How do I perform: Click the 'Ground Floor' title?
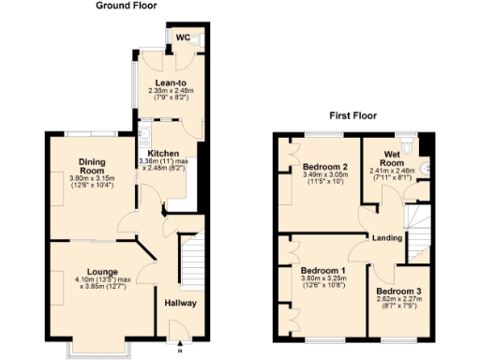tap(127, 6)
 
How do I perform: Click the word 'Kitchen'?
tap(163, 153)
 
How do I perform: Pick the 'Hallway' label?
tap(180, 303)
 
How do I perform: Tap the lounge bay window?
tap(97, 351)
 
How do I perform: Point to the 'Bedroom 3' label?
tap(399, 292)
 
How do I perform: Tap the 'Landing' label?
tap(387, 237)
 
